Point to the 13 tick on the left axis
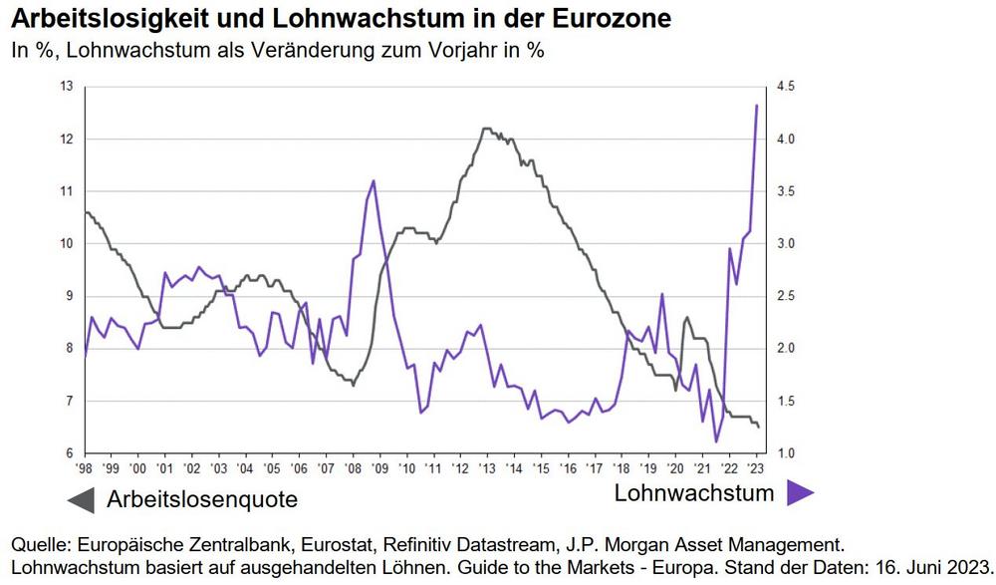(x=68, y=87)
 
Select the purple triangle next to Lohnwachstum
(x=801, y=492)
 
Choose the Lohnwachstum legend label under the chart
(x=693, y=492)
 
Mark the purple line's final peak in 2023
(x=757, y=106)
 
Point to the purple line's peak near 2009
(x=373, y=180)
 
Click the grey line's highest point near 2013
(x=485, y=129)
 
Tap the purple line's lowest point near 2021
(x=716, y=441)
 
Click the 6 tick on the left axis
(x=71, y=454)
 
